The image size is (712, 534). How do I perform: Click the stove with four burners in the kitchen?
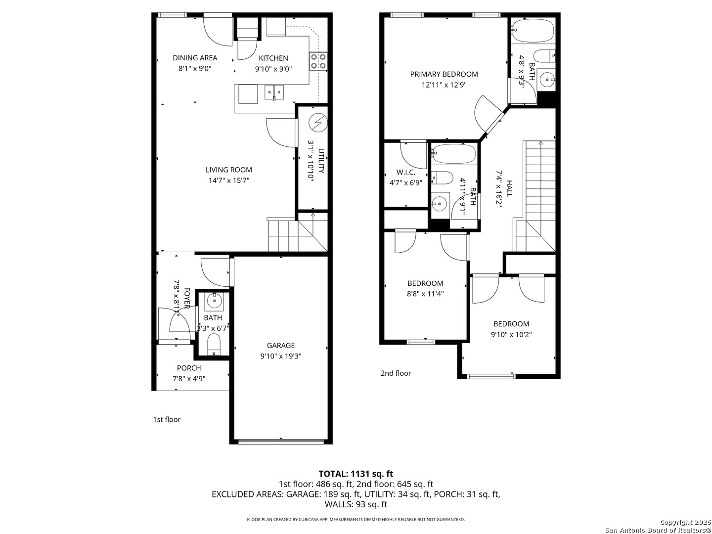[318, 61]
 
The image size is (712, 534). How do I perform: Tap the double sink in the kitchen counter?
[274, 92]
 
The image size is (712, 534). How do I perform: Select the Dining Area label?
[195, 58]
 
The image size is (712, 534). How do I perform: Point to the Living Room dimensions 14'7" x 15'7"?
[229, 180]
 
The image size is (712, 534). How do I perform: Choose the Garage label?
[280, 345]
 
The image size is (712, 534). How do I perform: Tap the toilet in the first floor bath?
[214, 344]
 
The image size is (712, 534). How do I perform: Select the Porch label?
[189, 368]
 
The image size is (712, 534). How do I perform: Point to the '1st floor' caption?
[167, 420]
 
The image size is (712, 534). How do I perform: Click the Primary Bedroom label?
[444, 74]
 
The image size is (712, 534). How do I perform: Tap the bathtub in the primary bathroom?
[533, 31]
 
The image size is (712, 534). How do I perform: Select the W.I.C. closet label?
[405, 172]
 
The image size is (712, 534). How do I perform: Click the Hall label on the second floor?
[509, 188]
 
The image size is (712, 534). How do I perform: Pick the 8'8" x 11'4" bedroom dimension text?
[425, 294]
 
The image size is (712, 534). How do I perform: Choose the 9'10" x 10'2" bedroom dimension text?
[511, 334]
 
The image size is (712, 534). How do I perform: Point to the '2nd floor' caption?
[396, 373]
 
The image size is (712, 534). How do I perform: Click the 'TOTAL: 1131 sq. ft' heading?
[356, 474]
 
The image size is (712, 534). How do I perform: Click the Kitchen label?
[273, 58]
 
